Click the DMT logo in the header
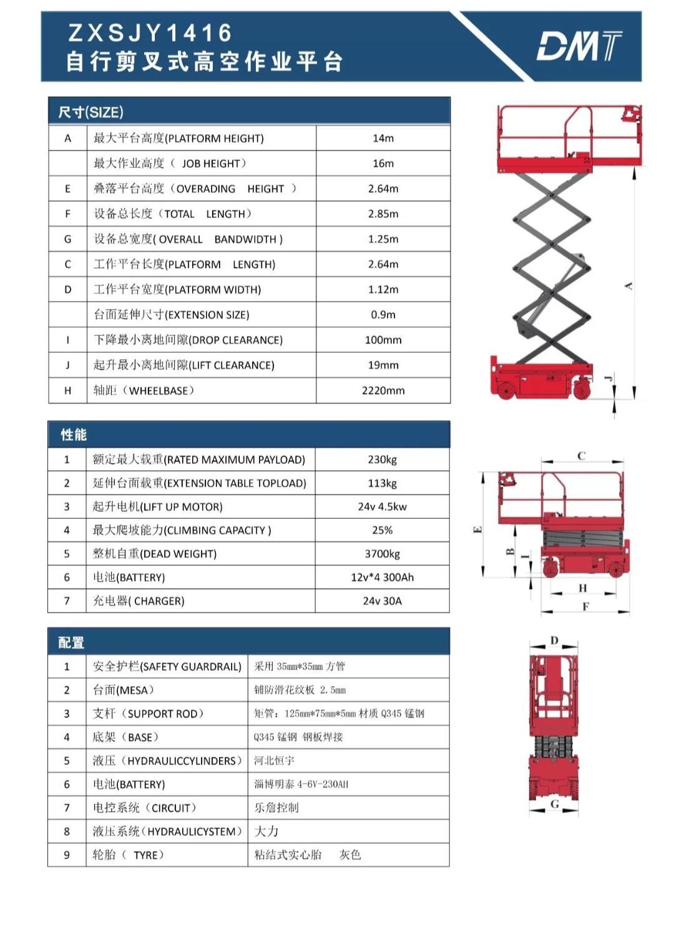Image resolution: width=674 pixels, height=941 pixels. tap(579, 46)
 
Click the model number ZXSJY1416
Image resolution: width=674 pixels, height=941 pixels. tap(150, 32)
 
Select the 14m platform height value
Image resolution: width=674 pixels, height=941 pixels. tap(383, 138)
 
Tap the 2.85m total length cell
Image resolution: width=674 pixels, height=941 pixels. tap(383, 214)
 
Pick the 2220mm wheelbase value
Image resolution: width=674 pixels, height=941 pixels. tap(383, 391)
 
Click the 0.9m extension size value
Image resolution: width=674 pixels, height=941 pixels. tap(383, 315)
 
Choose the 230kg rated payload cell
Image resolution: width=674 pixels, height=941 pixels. tap(382, 460)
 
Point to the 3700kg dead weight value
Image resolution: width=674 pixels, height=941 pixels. tap(382, 554)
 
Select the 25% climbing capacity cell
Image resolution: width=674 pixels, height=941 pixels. tap(382, 530)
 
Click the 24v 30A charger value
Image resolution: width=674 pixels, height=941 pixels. tap(382, 601)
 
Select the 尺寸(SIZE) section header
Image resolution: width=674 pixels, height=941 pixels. tap(90, 112)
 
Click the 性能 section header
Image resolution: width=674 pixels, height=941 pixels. tap(74, 435)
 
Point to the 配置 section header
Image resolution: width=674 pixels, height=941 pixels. tap(71, 643)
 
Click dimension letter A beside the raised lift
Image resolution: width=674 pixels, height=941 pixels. tap(628, 286)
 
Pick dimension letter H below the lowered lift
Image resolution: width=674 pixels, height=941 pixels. tap(582, 588)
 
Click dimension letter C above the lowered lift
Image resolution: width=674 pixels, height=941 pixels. tap(581, 456)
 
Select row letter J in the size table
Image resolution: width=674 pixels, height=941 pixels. tap(67, 365)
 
